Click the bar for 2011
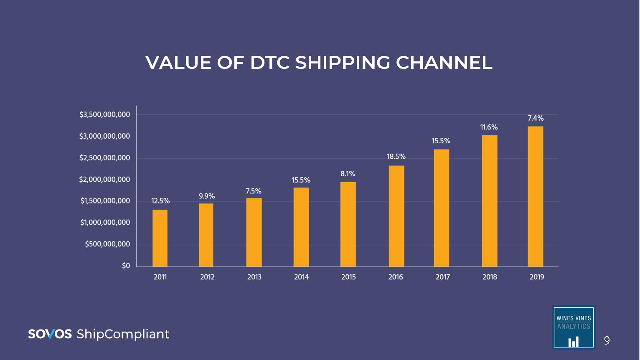click(160, 238)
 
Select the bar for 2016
click(396, 216)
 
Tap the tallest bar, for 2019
click(536, 196)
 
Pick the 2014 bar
click(301, 227)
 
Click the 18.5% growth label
click(396, 157)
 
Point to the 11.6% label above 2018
click(489, 127)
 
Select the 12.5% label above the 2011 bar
click(160, 201)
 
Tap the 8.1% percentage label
click(348, 174)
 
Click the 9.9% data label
click(207, 196)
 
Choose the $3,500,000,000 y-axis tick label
click(105, 114)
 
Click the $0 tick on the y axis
click(126, 266)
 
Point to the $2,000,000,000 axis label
click(105, 180)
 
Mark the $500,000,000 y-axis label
click(107, 244)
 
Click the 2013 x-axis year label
click(254, 277)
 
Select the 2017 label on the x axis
click(443, 277)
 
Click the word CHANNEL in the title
click(444, 63)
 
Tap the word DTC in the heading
click(270, 63)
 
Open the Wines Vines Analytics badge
click(574, 328)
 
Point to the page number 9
click(607, 341)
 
